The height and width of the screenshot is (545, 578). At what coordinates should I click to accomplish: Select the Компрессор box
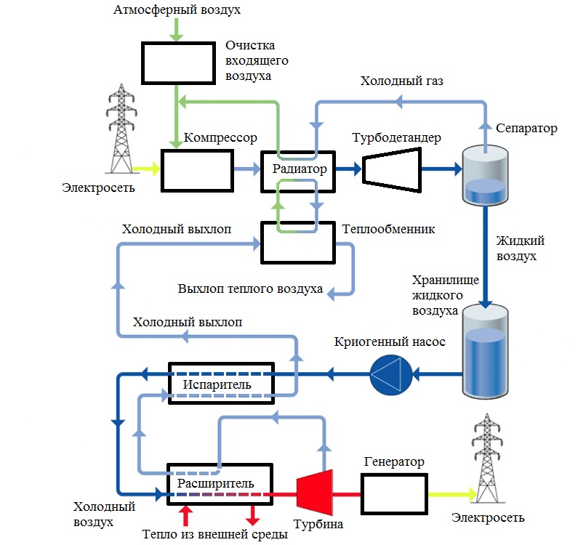[197, 170]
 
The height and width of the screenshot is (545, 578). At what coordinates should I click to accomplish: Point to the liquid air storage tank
[485, 352]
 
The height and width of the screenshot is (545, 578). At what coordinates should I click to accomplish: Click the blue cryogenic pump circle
[386, 375]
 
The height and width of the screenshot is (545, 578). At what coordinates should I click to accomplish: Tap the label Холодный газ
[401, 81]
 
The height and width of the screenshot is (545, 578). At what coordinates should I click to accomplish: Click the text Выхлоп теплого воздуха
[250, 288]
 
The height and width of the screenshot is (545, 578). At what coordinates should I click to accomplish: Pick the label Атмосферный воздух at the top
[177, 11]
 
